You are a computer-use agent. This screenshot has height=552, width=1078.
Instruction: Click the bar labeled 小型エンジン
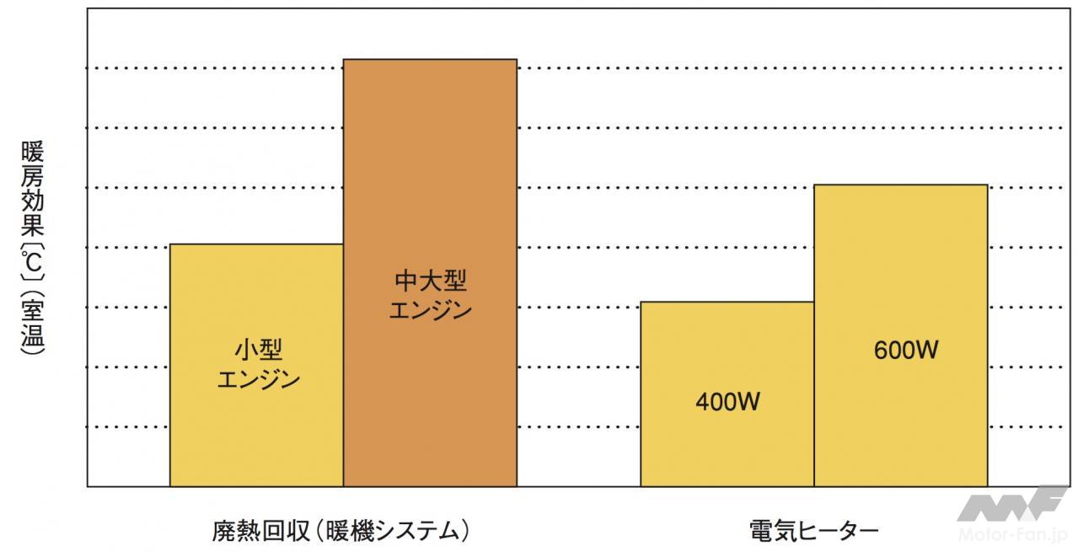click(x=256, y=421)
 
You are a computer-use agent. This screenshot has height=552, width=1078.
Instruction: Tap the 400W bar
click(x=727, y=447)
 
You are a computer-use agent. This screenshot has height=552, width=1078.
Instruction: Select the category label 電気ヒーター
click(x=813, y=531)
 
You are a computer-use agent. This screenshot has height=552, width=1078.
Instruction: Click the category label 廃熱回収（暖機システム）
click(x=341, y=531)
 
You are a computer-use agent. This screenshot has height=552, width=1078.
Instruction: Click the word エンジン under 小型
click(x=258, y=380)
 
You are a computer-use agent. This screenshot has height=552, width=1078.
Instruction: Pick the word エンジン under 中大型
click(x=430, y=310)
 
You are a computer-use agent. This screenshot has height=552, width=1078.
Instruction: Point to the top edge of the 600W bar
click(x=900, y=185)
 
